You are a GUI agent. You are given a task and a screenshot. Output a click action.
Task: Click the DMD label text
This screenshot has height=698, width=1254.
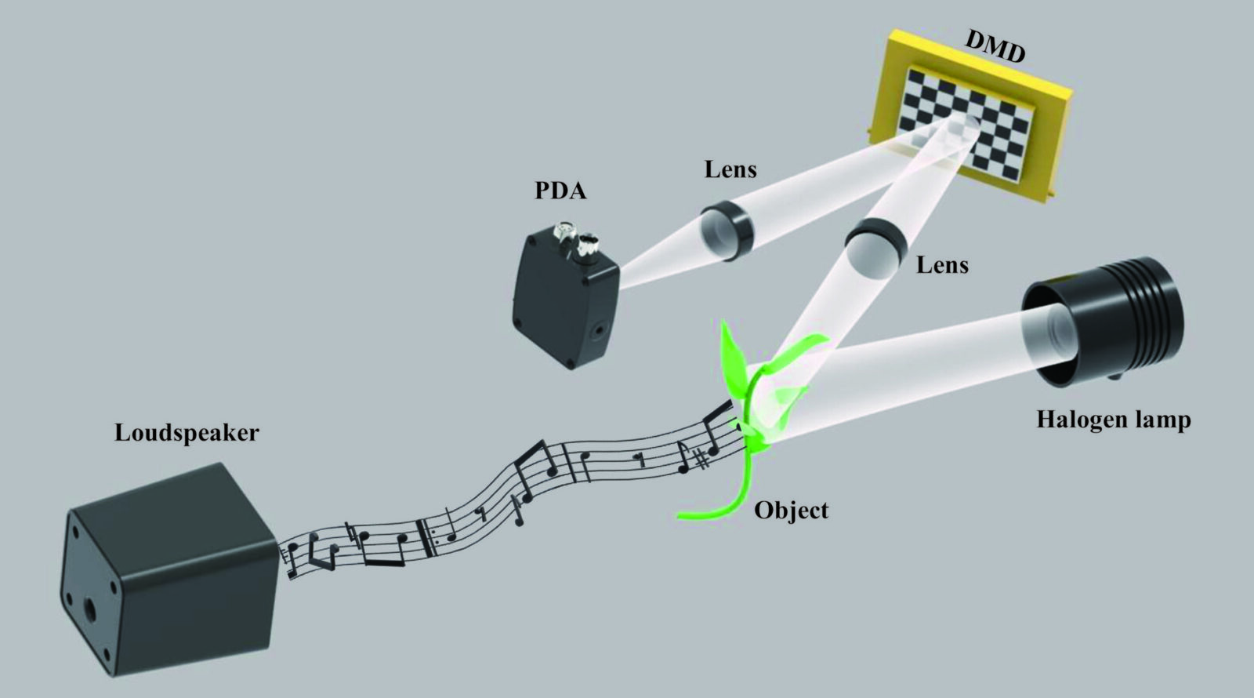coord(995,46)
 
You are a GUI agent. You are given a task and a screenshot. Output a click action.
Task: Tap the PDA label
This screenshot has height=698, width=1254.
coord(560,191)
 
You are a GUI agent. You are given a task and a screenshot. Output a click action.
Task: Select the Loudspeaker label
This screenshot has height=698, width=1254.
coord(187,433)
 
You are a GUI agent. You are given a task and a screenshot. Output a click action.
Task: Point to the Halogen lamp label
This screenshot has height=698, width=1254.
coord(1114,419)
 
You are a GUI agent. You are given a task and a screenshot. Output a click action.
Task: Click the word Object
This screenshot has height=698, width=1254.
coord(791,510)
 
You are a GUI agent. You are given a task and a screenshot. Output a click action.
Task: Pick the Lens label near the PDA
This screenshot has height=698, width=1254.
coord(730,169)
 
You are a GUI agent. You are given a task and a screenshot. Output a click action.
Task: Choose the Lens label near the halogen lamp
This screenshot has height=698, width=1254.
coord(942,264)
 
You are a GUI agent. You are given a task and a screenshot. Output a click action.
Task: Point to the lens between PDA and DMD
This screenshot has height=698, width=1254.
coord(727,231)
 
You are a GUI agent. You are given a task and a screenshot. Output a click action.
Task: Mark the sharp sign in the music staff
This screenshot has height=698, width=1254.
coord(702,458)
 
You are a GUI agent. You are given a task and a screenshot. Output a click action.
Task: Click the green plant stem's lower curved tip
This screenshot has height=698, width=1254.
coord(680,514)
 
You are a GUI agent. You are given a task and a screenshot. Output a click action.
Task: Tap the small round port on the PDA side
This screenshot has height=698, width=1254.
coord(600,330)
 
